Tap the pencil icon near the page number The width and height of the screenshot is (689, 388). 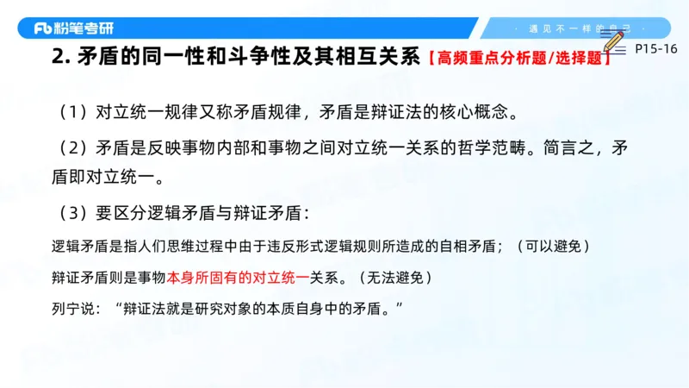pyautogui.click(x=613, y=43)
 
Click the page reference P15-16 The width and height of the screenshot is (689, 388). pyautogui.click(x=655, y=49)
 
